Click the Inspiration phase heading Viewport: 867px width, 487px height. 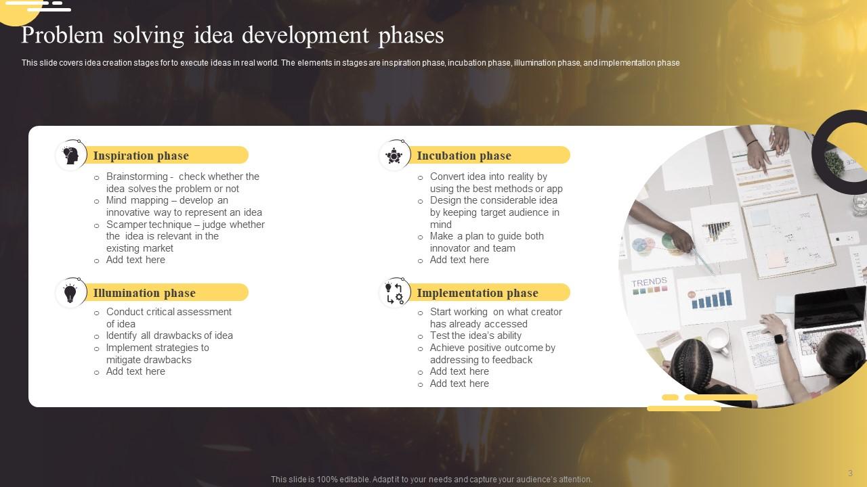(x=141, y=156)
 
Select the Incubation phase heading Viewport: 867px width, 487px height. (x=464, y=156)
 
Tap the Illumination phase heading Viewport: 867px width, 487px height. (x=144, y=293)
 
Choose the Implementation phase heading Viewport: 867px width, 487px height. (x=478, y=293)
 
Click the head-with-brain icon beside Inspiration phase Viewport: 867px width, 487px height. (x=70, y=156)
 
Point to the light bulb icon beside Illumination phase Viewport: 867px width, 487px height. (x=70, y=293)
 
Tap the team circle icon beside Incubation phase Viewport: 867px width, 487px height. (x=394, y=156)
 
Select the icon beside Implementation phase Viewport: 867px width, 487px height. (x=394, y=293)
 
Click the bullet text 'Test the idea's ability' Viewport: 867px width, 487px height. (x=475, y=335)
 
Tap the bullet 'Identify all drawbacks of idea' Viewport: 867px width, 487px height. (x=169, y=335)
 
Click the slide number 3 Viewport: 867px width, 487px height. (x=850, y=473)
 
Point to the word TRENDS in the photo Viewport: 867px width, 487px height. (x=649, y=282)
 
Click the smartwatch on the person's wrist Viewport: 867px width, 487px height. (x=779, y=339)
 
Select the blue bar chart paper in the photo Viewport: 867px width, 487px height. (x=711, y=299)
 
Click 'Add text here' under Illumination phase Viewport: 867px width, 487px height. (x=135, y=371)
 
